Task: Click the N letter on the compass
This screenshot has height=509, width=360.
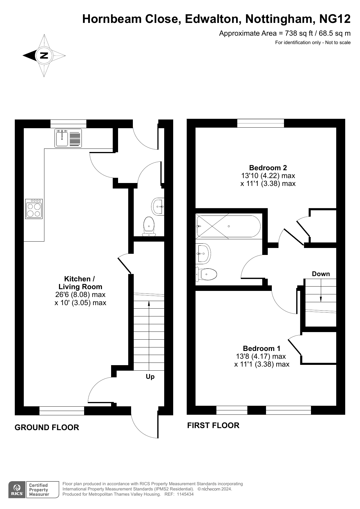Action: tap(44, 55)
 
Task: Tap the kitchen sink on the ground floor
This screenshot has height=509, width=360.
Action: tap(68, 138)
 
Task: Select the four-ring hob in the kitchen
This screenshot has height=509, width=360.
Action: tap(34, 209)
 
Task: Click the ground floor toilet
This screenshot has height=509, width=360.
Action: tap(149, 226)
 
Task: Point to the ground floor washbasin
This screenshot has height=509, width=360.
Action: tap(158, 207)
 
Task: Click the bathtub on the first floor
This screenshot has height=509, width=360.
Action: tap(228, 226)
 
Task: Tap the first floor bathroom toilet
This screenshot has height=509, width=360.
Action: tap(207, 274)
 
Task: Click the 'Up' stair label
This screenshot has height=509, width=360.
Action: tap(150, 377)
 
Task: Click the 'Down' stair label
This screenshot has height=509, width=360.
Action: tap(321, 274)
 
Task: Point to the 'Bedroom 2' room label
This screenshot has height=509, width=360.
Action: tap(268, 168)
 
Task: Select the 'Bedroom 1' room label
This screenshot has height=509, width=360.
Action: tap(262, 348)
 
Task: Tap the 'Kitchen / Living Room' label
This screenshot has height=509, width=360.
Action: tap(80, 283)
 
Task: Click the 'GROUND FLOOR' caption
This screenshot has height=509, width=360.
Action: tap(47, 428)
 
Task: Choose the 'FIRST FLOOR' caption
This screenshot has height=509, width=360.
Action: tap(213, 425)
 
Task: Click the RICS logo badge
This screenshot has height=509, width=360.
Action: tap(17, 490)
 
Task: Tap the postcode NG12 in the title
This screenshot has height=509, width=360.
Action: tap(335, 19)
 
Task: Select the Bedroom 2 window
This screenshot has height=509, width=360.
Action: tap(260, 123)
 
